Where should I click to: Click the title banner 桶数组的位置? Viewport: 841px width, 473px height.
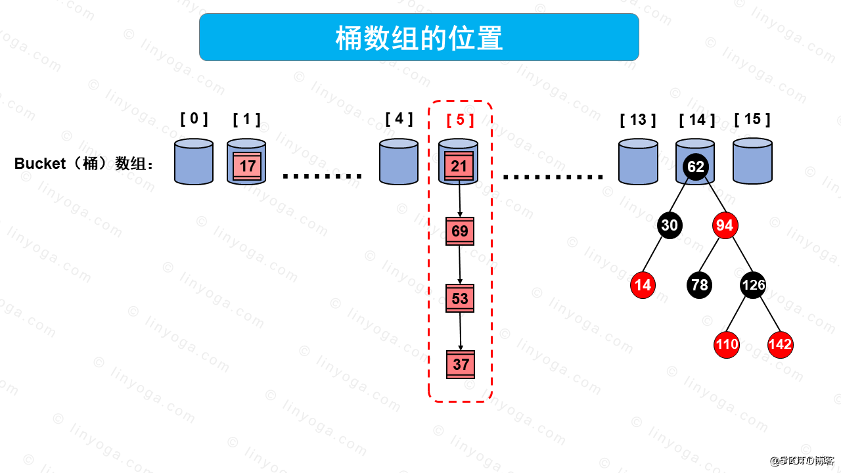(419, 37)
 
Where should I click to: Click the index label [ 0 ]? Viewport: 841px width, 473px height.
(194, 119)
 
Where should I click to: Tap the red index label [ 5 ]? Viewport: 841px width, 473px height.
(460, 120)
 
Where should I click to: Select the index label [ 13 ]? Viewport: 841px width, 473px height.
(637, 120)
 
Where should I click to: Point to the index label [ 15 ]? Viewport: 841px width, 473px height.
(752, 119)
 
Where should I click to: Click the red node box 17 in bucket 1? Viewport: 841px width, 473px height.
(247, 166)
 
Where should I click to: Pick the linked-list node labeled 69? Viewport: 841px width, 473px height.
(460, 231)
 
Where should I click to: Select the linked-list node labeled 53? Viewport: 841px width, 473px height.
(460, 298)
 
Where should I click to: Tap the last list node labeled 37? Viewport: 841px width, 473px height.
(461, 365)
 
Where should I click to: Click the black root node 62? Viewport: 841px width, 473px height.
(695, 166)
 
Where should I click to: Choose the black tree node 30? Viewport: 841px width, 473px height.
(669, 226)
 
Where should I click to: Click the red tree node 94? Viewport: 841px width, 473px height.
(725, 226)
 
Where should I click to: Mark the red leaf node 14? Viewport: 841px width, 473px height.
(643, 285)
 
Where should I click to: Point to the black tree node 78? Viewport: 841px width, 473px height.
(700, 285)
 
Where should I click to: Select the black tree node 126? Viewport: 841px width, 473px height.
(753, 285)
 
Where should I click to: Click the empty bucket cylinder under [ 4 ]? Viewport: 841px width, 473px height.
(399, 162)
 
